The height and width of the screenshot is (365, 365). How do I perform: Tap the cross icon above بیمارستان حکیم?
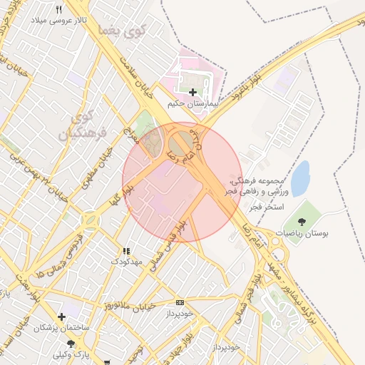192,92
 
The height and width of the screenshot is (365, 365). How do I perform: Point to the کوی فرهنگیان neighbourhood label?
89,124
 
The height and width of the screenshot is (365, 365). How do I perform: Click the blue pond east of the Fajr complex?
300,178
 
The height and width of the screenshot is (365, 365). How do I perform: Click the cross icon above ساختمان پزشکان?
62,316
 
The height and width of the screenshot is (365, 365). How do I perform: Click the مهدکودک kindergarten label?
126,262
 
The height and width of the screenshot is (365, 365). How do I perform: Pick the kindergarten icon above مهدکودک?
126,251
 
